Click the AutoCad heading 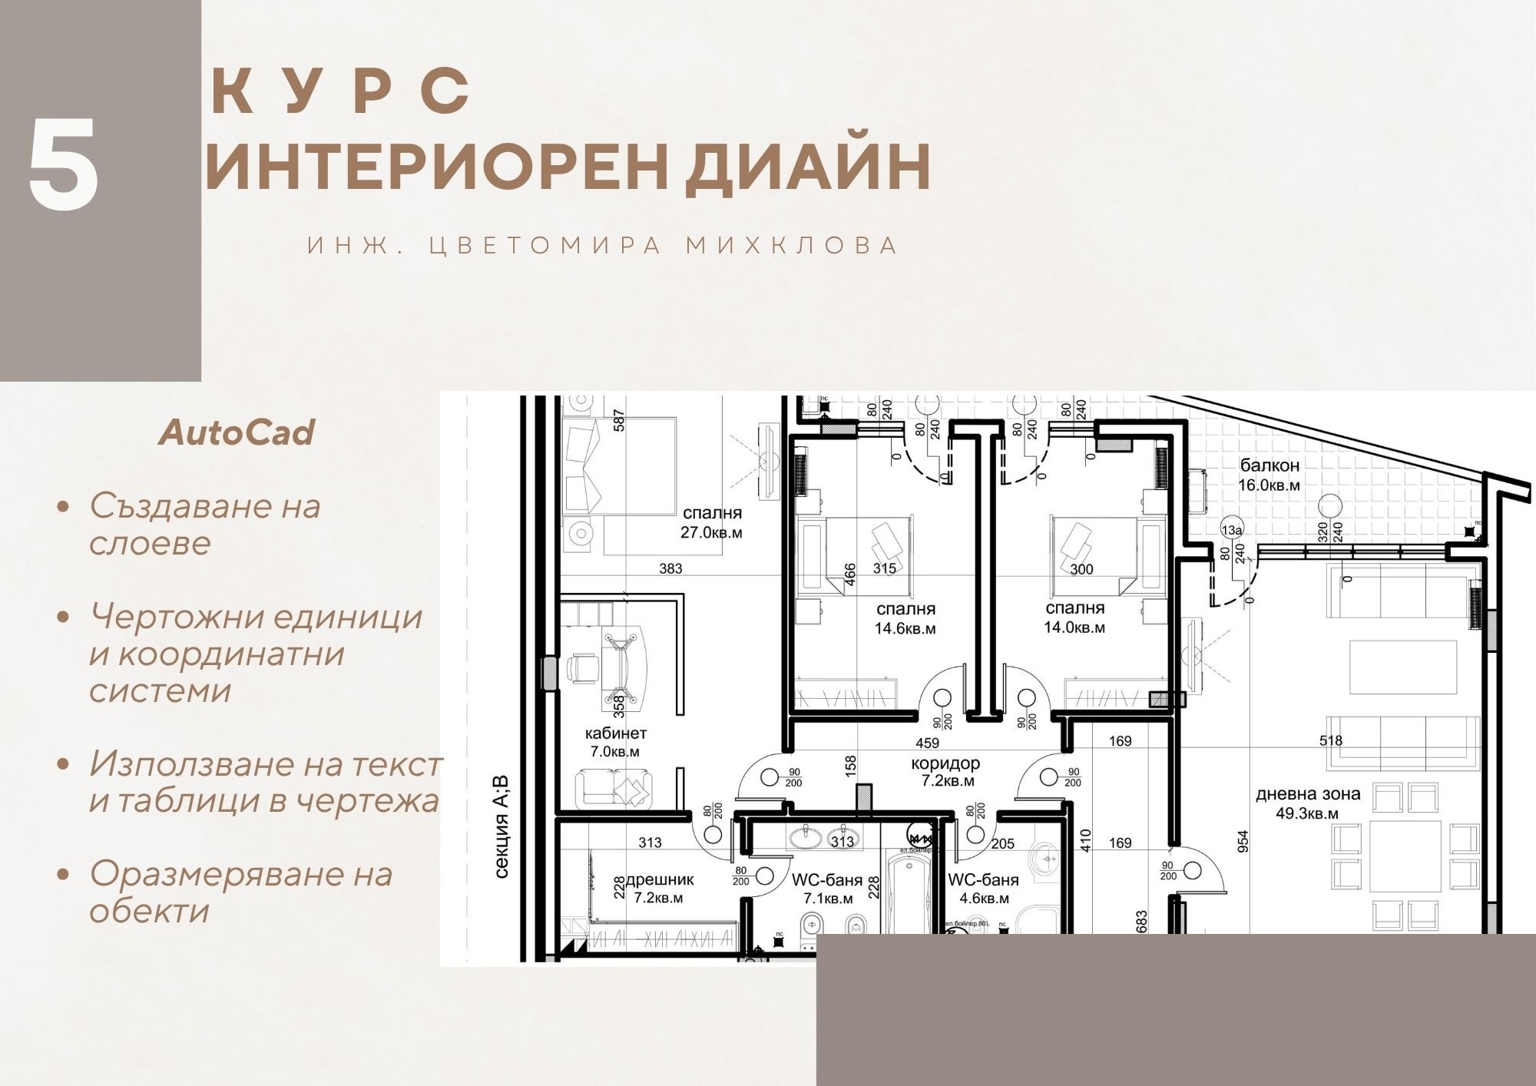pos(237,433)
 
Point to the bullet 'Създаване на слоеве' pos(204,525)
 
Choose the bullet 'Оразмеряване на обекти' pos(240,892)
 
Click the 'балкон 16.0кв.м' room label pos(1270,475)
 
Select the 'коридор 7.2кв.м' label pos(945,772)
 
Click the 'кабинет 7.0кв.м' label pos(615,742)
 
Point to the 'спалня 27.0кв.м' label pos(711,522)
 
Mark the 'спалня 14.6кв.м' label pos(905,618)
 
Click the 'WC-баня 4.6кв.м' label pos(983,889)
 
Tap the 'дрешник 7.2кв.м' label pos(659,889)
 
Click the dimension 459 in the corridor pos(927,743)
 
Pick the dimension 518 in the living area pos(1330,740)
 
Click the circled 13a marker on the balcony pos(1231,530)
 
